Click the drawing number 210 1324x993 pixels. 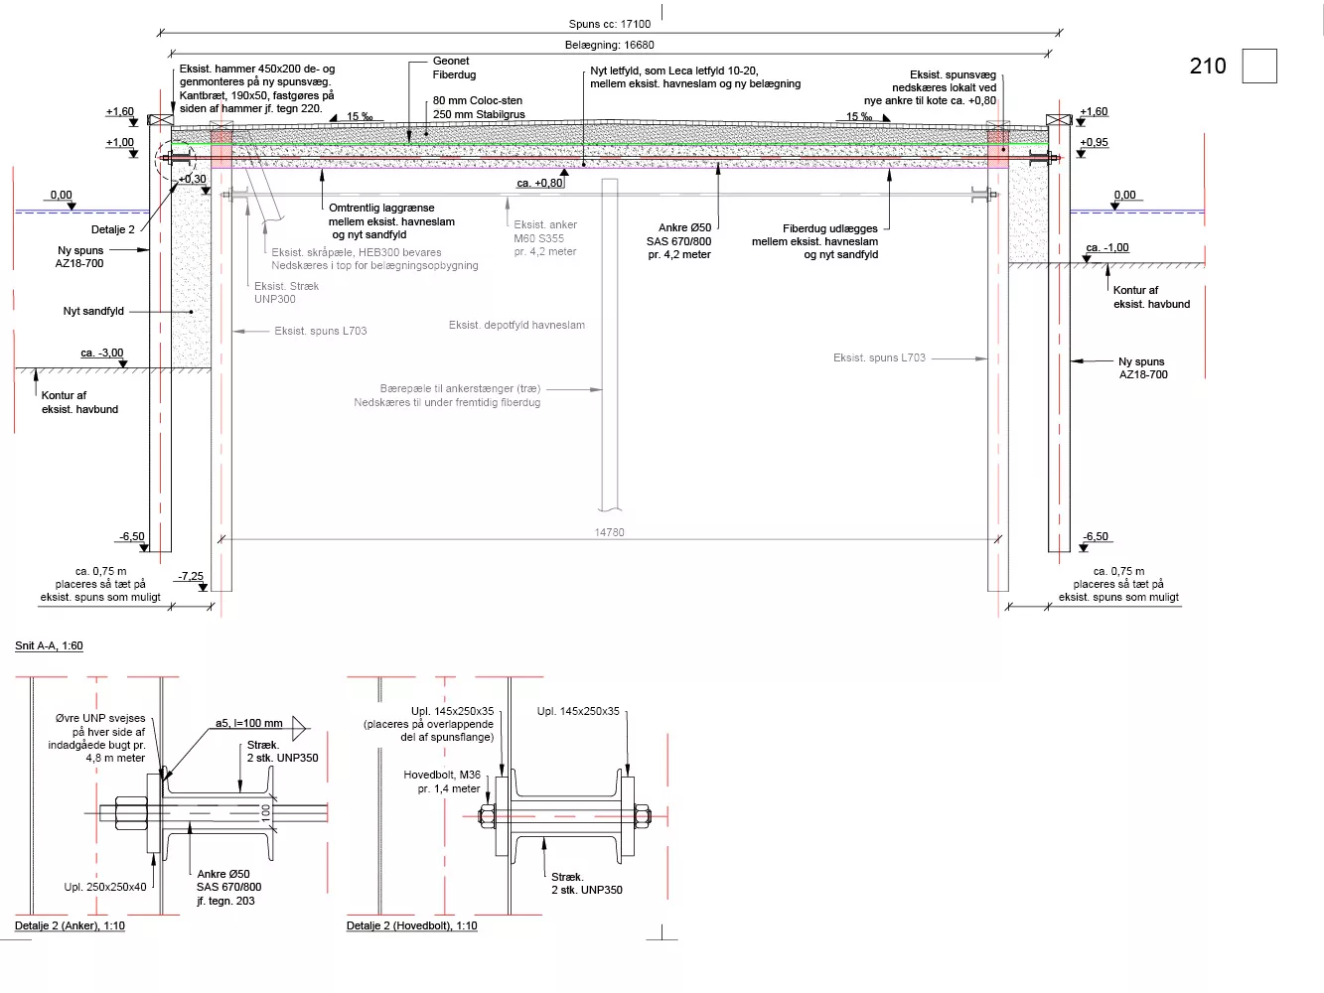tap(1207, 66)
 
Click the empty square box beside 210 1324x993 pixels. tap(1259, 66)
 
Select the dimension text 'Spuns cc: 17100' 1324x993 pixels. tap(609, 24)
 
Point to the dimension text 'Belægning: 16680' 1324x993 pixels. tap(609, 45)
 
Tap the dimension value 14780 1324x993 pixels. tap(609, 532)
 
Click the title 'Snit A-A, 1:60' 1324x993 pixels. tap(49, 645)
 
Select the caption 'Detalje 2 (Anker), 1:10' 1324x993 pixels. tap(70, 925)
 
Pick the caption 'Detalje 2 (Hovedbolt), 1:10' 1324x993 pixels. tap(411, 925)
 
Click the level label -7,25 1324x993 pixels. tap(191, 576)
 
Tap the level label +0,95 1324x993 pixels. tap(1094, 142)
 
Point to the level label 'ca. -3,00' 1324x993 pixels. tap(102, 353)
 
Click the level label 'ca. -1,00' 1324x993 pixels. tap(1106, 248)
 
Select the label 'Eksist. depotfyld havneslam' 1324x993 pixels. tap(516, 325)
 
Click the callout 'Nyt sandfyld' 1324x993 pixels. tap(93, 311)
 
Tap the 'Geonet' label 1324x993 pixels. tap(451, 61)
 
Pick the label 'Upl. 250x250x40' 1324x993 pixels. tap(105, 887)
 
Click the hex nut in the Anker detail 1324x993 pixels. tap(131, 813)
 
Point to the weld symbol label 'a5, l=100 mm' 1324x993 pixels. tap(248, 723)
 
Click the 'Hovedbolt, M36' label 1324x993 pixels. tap(442, 775)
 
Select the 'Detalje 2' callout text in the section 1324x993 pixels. tap(113, 229)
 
